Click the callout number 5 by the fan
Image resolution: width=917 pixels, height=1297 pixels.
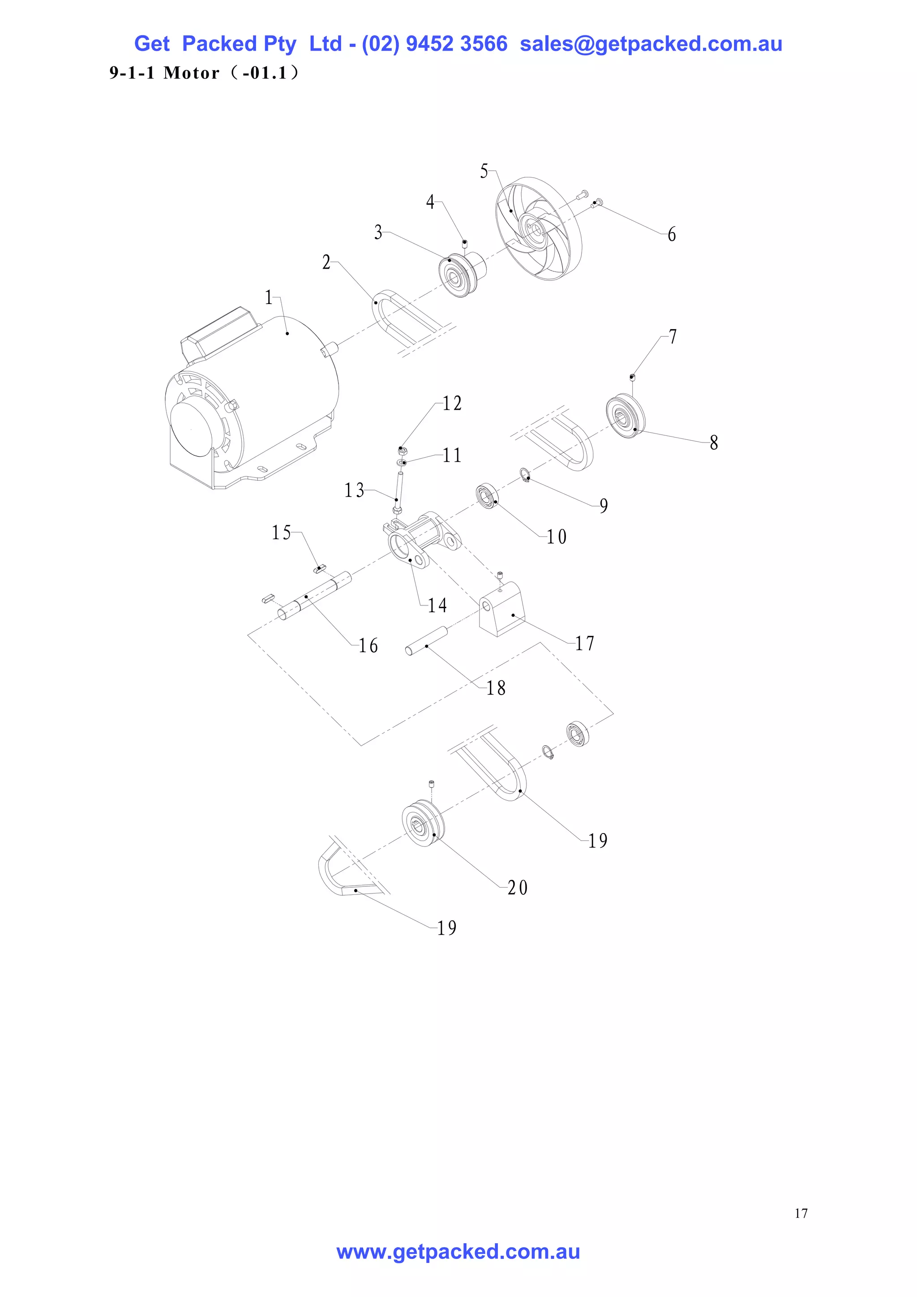click(484, 171)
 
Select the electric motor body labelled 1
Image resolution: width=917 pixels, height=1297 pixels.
click(266, 384)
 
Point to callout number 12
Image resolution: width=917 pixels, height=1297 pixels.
click(452, 404)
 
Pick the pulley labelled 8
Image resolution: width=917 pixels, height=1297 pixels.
click(625, 415)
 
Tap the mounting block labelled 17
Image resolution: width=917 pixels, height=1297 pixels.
click(502, 611)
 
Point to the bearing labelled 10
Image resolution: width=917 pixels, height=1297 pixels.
click(487, 495)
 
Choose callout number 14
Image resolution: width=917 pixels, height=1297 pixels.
click(437, 606)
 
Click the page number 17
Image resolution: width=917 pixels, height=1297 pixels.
click(801, 1213)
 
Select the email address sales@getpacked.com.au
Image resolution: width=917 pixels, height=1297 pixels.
click(651, 44)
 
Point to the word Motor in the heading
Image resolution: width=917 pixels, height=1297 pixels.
click(191, 73)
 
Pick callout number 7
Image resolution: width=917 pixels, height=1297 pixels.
click(673, 337)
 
